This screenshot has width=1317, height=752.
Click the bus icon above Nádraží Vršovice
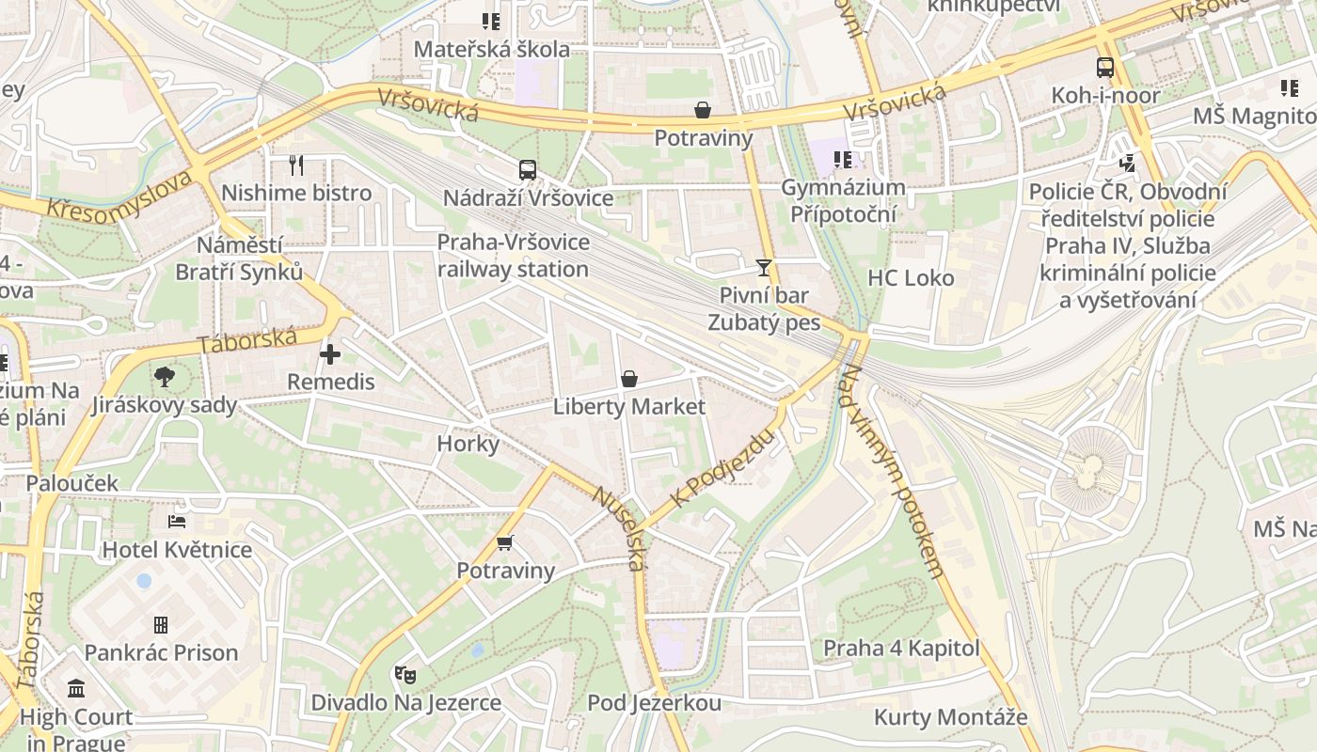coord(528,170)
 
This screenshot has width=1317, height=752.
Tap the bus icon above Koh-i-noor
coord(1105,68)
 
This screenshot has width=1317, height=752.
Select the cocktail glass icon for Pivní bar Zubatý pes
coord(764,268)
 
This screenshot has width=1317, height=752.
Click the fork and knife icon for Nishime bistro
coord(296,165)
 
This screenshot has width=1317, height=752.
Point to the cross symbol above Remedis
coord(330,354)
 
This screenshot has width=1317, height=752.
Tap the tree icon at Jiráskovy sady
coord(165,377)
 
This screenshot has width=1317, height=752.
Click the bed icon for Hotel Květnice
coord(177,522)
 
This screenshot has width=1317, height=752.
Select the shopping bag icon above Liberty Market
coord(628,379)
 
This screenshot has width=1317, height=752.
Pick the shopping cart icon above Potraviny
coord(505,542)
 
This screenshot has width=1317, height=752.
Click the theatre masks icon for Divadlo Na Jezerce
coord(405,674)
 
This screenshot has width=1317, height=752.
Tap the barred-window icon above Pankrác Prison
coord(161,624)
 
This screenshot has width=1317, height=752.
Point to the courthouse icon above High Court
coord(76,688)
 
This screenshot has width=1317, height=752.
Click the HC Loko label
coord(910,278)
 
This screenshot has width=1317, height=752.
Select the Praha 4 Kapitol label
coord(901,649)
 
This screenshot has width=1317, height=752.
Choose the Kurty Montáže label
coord(950,718)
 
